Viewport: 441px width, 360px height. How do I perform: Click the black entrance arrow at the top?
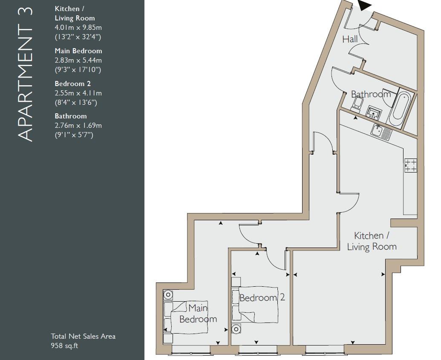[365, 6]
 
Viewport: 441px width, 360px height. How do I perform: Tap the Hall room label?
[350, 39]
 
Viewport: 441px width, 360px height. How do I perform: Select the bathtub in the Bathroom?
[401, 107]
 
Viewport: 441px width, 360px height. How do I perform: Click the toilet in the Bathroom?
[357, 103]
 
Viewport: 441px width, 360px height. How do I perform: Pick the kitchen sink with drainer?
[381, 132]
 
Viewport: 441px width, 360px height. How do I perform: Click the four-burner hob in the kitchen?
[411, 165]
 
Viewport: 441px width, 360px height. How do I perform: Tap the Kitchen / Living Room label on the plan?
[372, 241]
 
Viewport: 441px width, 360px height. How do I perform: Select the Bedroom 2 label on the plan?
[262, 298]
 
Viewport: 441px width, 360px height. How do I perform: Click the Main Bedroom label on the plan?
[198, 314]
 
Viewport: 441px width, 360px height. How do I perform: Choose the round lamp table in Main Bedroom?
[168, 295]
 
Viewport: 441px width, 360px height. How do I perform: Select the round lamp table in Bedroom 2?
[236, 328]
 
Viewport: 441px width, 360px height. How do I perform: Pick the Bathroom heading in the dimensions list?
[71, 116]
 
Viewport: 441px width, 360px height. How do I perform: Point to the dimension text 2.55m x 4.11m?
[78, 93]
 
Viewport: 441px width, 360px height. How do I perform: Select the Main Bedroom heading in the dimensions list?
[78, 51]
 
